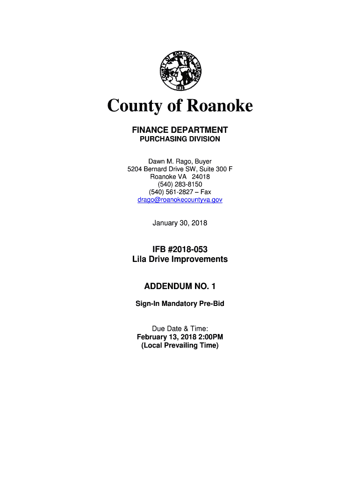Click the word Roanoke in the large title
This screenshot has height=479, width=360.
pos(220,106)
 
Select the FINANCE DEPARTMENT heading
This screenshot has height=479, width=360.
pos(180,130)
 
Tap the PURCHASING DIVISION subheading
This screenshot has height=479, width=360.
pos(180,139)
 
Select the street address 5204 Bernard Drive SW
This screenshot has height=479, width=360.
pos(164,169)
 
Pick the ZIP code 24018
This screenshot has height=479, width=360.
pos(201,177)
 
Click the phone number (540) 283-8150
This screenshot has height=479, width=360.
pos(180,184)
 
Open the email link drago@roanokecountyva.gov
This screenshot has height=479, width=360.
pos(180,200)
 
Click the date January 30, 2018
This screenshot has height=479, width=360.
pos(180,223)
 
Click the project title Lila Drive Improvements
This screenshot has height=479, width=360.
pos(180,259)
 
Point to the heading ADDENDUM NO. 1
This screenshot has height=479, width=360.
pos(180,286)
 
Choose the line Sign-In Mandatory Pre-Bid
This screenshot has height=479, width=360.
pos(180,304)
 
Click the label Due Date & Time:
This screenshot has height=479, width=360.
pos(180,329)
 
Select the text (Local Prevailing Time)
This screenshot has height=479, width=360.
pos(180,345)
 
